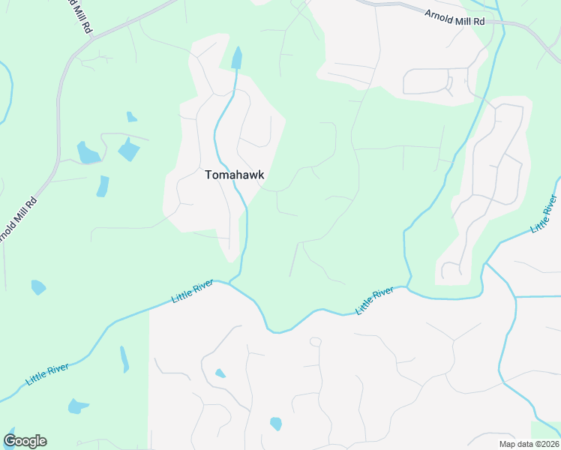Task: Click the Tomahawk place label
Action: (235, 174)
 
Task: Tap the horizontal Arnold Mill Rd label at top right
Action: (454, 17)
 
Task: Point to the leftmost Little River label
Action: (47, 373)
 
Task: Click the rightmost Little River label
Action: (544, 214)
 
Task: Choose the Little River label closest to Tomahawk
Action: (192, 290)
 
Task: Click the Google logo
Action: (25, 441)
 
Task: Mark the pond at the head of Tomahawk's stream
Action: (238, 57)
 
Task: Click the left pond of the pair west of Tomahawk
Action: (88, 152)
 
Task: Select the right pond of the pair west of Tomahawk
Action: (129, 150)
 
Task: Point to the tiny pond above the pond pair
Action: (132, 117)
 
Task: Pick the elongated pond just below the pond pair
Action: (103, 186)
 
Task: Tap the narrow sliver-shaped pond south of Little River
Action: (124, 359)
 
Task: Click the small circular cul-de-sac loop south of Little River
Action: (315, 342)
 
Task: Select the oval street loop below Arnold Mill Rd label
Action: (427, 81)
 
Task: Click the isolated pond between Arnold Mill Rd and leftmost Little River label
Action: (38, 286)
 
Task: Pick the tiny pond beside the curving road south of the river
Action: (220, 373)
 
